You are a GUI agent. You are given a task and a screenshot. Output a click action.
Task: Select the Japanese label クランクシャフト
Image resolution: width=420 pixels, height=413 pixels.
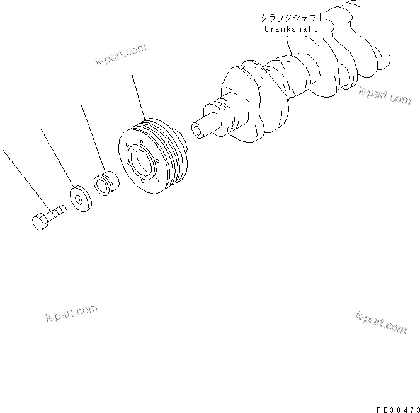pos(291,18)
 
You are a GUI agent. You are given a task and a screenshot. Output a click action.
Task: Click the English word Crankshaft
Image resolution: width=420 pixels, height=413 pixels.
pos(290,29)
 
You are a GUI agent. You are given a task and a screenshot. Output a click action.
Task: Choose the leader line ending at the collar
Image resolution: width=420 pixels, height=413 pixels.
pos(93,138)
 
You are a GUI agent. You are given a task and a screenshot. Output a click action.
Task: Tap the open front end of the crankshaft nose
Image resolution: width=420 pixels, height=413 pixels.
pos(198,129)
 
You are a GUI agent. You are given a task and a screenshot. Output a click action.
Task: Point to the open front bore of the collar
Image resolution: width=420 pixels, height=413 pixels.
pos(100,184)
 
